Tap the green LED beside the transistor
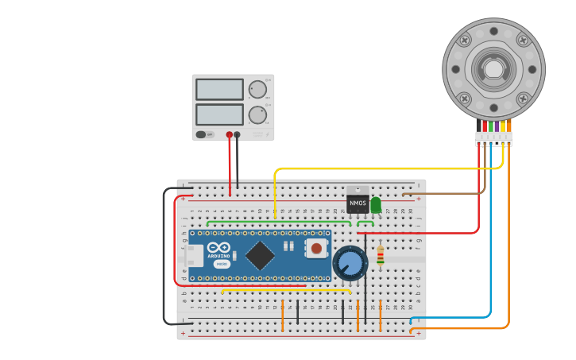coord(376,204)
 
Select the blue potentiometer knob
coord(350,263)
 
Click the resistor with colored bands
coord(381,255)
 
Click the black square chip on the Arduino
coord(260,255)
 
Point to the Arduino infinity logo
coord(218,248)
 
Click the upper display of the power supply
coord(219,89)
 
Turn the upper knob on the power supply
coord(257,89)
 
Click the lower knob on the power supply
coord(257,114)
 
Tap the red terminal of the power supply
coord(229,134)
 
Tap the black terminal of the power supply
coord(237,134)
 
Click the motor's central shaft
coord(493,68)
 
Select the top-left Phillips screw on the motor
coord(465,40)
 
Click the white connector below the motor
coord(493,139)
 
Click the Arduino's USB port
coord(194,255)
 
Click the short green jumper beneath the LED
coord(365,224)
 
